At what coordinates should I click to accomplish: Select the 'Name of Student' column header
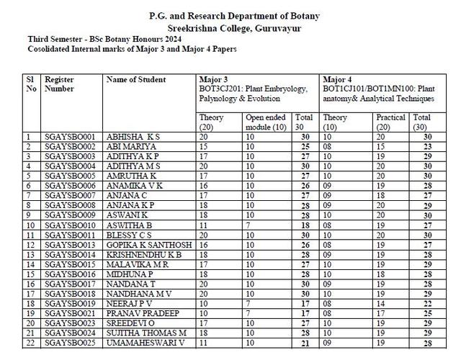point(136,80)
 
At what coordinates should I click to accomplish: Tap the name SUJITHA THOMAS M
point(146,333)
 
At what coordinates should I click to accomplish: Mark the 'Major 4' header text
point(336,79)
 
